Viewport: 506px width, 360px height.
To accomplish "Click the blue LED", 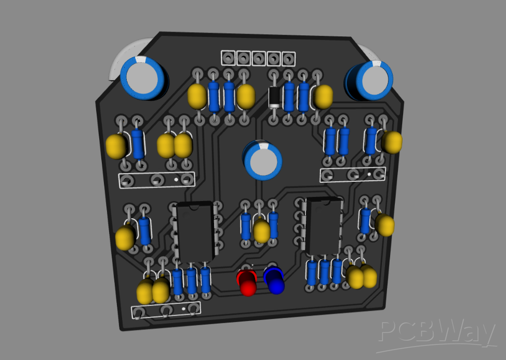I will pyautogui.click(x=274, y=280).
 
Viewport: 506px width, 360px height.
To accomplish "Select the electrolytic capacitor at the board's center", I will pyautogui.click(x=263, y=161).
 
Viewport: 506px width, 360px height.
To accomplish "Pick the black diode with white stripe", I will pyautogui.click(x=274, y=97).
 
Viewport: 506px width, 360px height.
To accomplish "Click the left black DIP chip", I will pyautogui.click(x=194, y=231).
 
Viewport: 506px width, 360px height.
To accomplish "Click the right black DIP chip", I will pyautogui.click(x=323, y=225).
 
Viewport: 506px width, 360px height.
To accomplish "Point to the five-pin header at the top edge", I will pyautogui.click(x=258, y=58).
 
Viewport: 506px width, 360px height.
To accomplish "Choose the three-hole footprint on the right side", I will pyautogui.click(x=353, y=174).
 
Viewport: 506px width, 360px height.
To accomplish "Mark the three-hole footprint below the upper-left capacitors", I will pyautogui.click(x=156, y=180).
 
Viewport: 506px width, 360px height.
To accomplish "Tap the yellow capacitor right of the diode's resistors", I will pyautogui.click(x=323, y=97).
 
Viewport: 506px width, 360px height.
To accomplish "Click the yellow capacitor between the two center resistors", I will pyautogui.click(x=261, y=230).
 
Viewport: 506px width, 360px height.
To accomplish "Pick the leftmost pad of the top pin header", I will pyautogui.click(x=228, y=57).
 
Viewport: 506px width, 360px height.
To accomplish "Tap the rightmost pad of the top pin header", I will pyautogui.click(x=288, y=59).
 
